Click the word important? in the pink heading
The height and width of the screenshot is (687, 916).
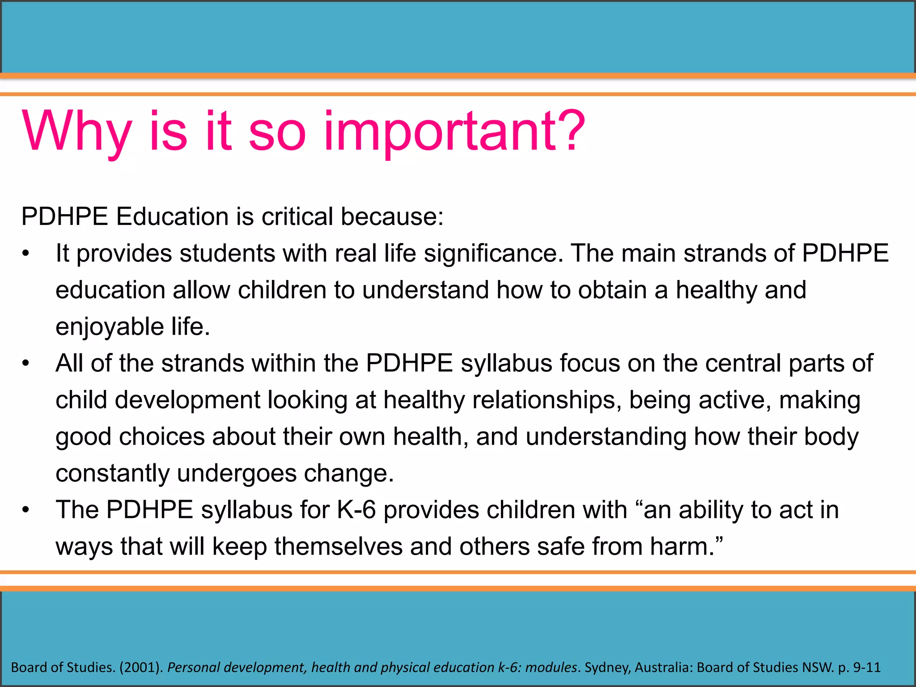454,132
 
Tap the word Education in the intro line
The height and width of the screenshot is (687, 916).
172,216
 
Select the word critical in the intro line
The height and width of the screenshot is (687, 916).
297,216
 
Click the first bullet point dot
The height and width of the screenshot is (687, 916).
26,254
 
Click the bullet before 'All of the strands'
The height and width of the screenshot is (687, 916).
26,364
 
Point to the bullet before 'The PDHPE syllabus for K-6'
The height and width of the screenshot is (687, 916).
26,510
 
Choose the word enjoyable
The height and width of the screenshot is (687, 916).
109,327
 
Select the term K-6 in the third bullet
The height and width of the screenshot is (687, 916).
356,510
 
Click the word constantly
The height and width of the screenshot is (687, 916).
112,474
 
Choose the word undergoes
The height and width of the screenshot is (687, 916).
237,474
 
